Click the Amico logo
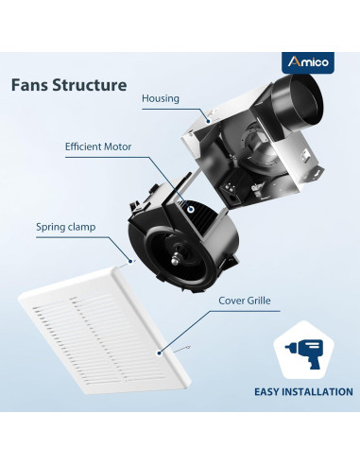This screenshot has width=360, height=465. click(308, 60)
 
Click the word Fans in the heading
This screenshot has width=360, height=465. click(32, 85)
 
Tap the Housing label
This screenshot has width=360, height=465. click(160, 97)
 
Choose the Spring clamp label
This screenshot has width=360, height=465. click(66, 227)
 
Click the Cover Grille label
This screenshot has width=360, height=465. click(247, 301)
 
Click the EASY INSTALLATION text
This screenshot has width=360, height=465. click(302, 391)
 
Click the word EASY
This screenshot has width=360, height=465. click(267, 391)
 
